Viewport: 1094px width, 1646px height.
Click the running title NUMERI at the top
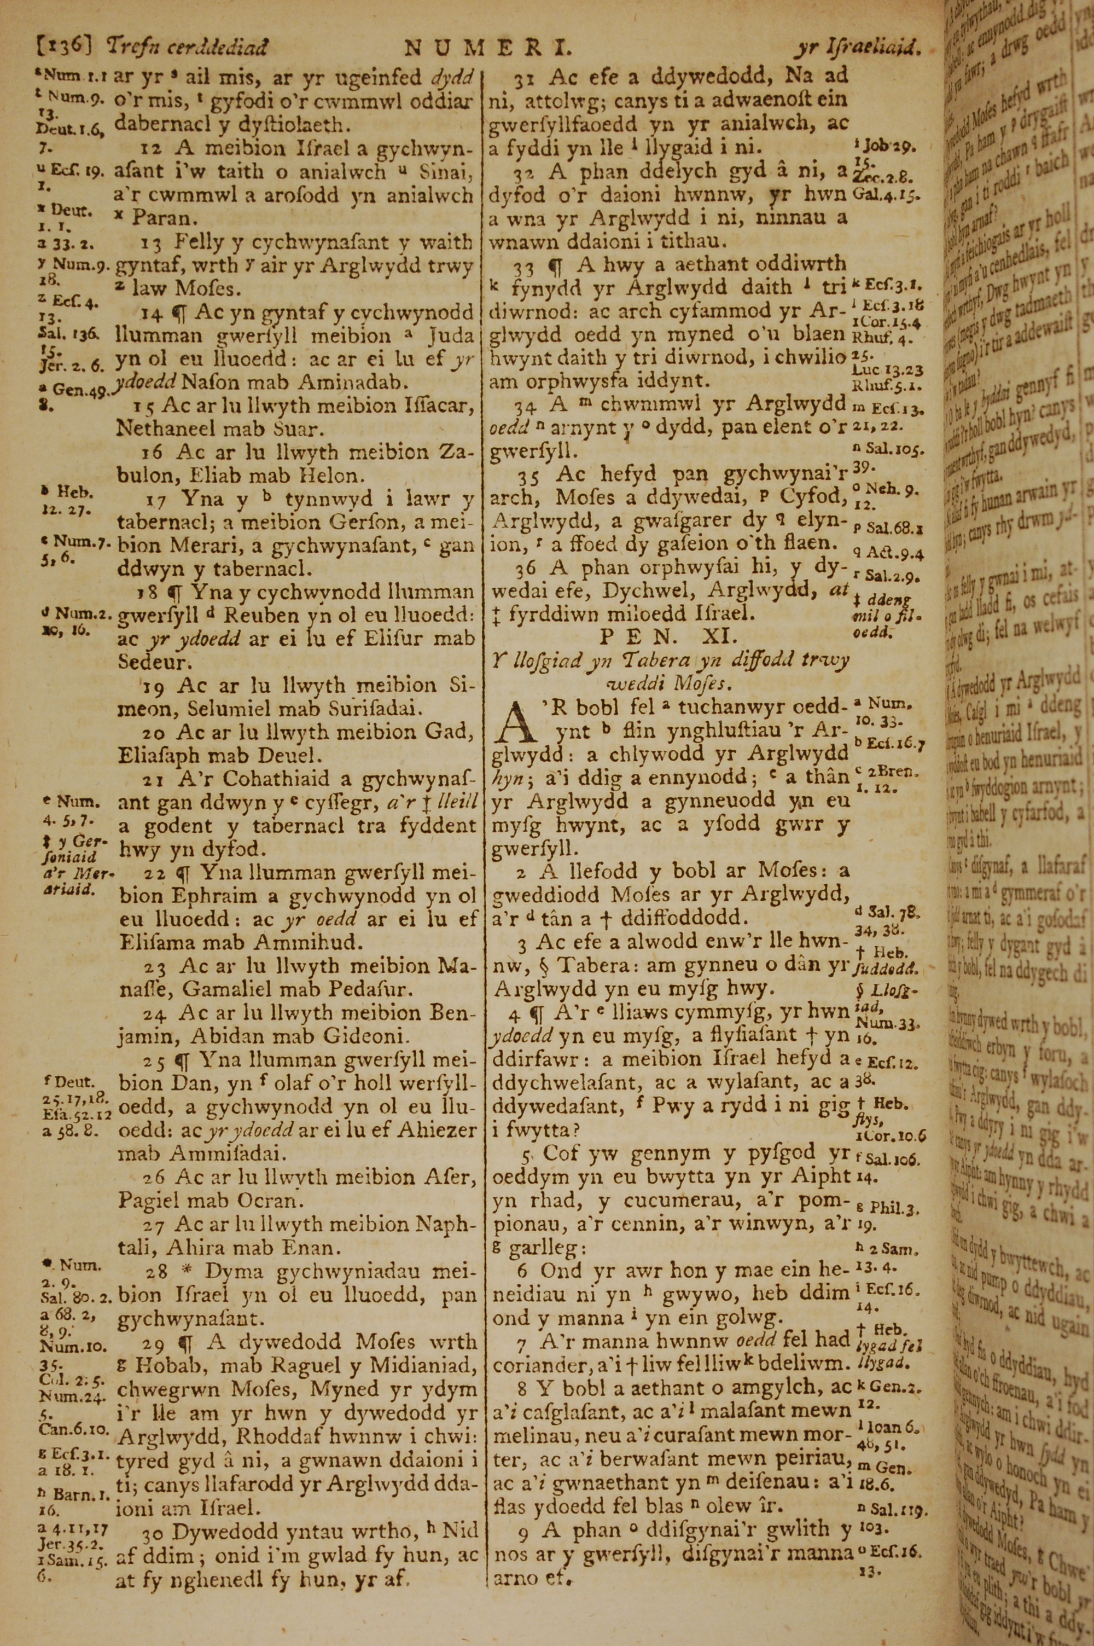coord(488,48)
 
